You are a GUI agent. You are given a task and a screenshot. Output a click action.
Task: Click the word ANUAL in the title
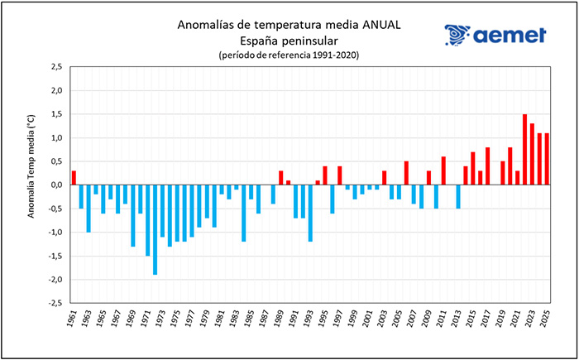tap(381, 25)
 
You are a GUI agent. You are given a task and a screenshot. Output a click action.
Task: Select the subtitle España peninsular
tap(289, 40)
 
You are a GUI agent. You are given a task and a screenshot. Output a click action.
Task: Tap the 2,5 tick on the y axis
tap(55, 66)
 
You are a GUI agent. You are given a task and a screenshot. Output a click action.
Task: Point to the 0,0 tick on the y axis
tap(55, 185)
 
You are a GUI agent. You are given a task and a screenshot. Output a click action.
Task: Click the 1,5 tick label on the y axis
tap(55, 114)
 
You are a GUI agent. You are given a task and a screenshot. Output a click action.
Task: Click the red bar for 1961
tap(74, 178)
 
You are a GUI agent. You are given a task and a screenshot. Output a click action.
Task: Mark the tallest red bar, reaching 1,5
tap(524, 150)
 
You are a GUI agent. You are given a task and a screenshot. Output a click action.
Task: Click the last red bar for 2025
tap(547, 159)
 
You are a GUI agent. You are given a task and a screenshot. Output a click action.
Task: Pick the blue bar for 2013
tap(458, 197)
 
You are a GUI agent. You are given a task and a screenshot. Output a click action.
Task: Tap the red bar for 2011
tap(443, 171)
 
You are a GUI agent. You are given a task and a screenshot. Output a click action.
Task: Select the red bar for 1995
tap(325, 175)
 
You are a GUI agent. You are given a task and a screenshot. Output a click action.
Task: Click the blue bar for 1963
tap(89, 209)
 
